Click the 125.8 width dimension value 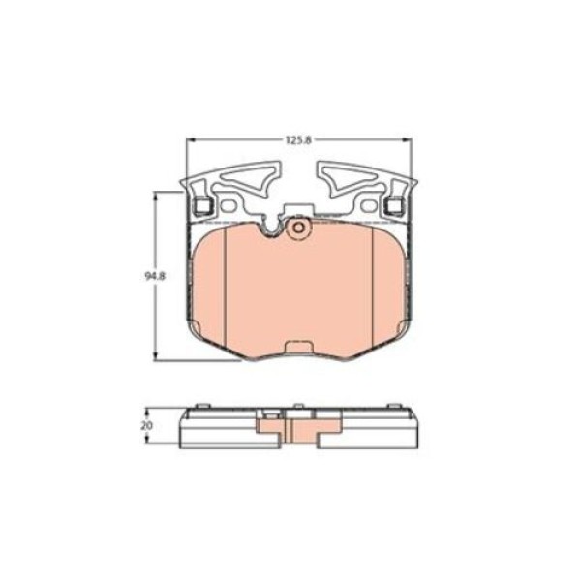[299, 140]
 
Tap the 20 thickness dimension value [147, 426]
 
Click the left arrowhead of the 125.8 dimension [190, 140]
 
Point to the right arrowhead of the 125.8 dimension [407, 140]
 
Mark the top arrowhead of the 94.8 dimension [156, 196]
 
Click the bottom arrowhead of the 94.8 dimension [156, 355]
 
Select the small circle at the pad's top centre [298, 228]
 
